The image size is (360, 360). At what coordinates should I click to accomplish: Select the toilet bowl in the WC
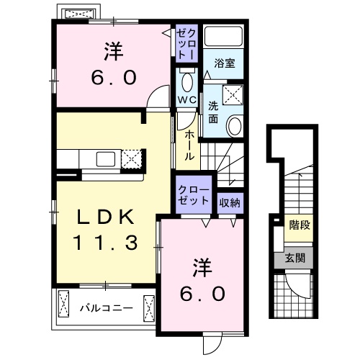click(186, 79)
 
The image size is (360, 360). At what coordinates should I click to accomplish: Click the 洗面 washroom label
click(214, 112)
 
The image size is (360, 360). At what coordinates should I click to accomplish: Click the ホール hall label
click(189, 143)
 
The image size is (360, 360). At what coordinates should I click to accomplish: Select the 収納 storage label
click(230, 202)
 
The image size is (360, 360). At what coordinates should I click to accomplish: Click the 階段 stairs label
click(300, 225)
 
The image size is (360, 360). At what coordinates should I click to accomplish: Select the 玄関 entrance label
click(294, 258)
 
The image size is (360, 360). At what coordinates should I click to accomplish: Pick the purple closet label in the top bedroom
click(187, 44)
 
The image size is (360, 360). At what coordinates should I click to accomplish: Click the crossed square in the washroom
click(231, 93)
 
